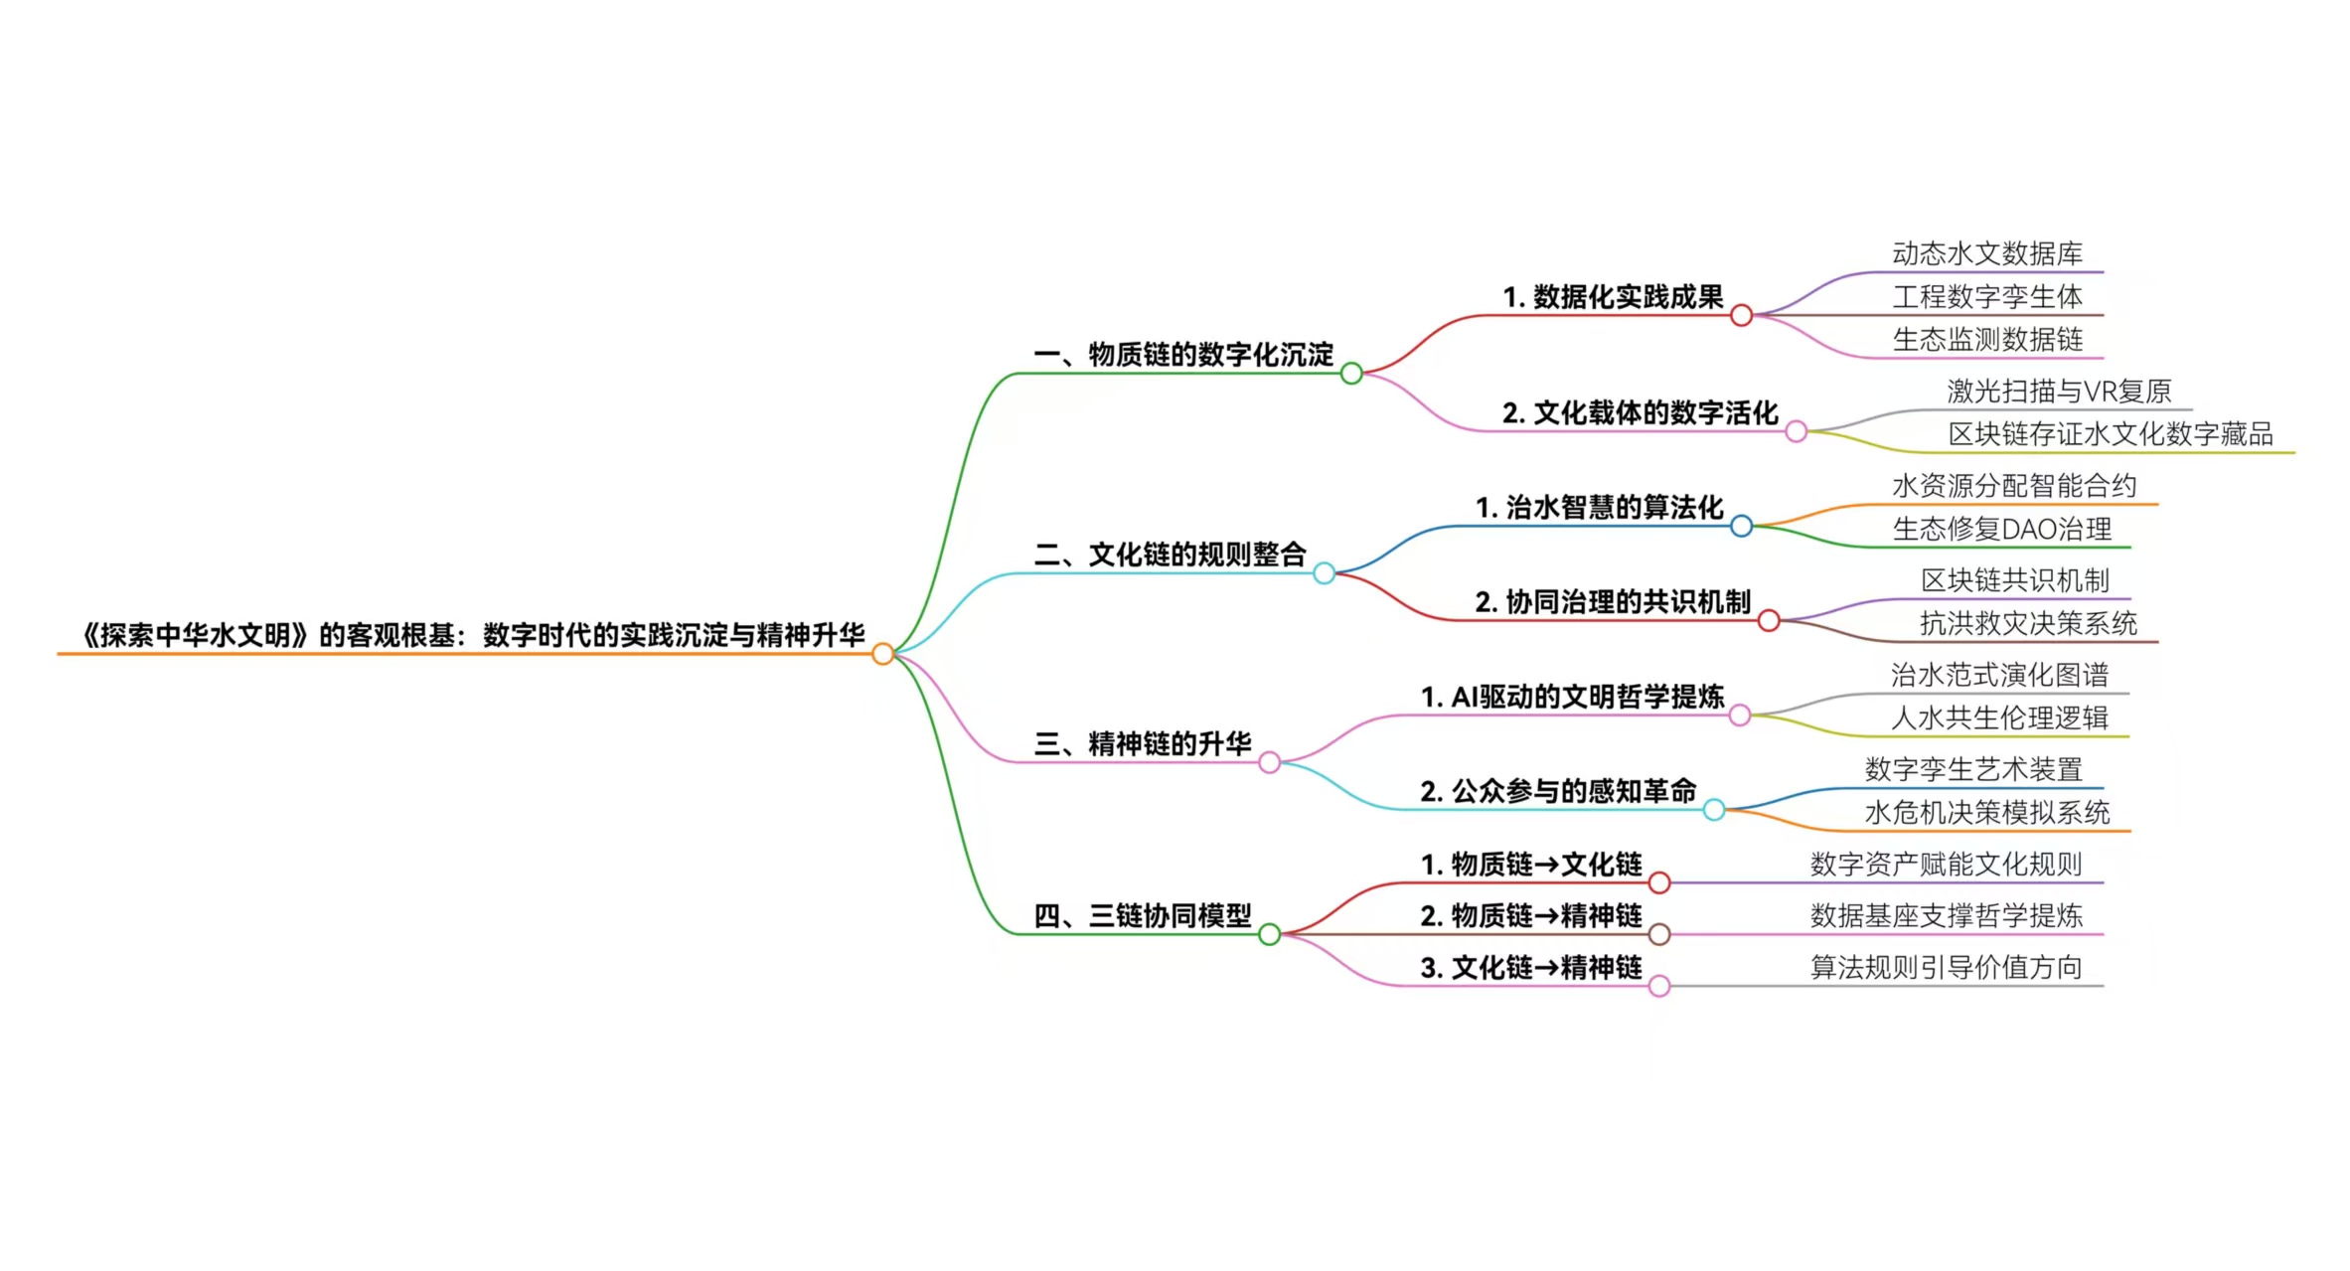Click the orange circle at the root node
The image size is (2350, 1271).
(882, 654)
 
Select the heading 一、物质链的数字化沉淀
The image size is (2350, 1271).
(1182, 355)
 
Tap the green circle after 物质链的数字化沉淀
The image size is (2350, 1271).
(1351, 374)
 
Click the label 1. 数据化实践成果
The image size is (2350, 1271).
(1613, 297)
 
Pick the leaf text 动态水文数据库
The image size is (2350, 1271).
(1987, 254)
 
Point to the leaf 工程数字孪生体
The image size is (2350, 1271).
(1987, 297)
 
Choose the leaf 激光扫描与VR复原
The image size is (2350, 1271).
(2059, 392)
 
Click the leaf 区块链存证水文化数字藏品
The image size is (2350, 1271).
(2111, 434)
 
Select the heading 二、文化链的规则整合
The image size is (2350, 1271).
(1170, 555)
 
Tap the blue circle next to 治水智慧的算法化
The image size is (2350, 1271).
(1741, 526)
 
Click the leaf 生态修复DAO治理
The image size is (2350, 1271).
(2002, 530)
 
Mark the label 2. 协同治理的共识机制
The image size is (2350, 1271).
(1613, 602)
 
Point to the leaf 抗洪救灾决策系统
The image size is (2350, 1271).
(2028, 624)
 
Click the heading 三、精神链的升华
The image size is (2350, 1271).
(1143, 744)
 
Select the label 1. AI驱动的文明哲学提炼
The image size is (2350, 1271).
(1572, 698)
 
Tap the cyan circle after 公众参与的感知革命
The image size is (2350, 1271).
(1714, 810)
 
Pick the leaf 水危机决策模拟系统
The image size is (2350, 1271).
(1987, 813)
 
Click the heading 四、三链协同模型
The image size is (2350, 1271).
(1143, 916)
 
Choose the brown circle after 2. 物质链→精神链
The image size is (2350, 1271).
(1659, 934)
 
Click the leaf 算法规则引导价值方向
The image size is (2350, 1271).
(1946, 968)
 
